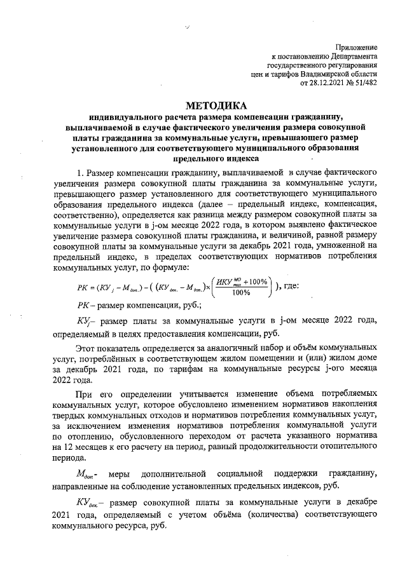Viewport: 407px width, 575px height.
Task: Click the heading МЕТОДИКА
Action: coord(214,105)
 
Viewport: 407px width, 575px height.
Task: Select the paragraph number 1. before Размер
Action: coord(80,172)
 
